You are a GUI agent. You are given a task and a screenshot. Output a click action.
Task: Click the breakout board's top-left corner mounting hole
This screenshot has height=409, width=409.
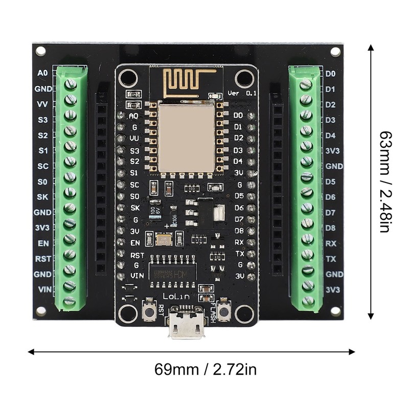(x=41, y=51)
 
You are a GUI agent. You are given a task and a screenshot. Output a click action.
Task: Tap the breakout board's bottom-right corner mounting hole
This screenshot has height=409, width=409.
(x=335, y=310)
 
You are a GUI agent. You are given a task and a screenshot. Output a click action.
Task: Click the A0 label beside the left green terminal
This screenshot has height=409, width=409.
(x=43, y=73)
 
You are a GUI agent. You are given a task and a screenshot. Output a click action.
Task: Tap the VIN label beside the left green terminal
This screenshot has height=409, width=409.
(x=44, y=289)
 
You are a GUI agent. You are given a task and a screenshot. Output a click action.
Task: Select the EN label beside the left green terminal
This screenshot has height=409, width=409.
(x=44, y=243)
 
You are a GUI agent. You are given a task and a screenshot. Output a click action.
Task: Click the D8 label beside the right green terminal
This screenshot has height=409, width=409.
(x=331, y=228)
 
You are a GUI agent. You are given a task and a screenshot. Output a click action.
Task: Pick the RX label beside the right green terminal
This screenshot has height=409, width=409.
(x=331, y=243)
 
